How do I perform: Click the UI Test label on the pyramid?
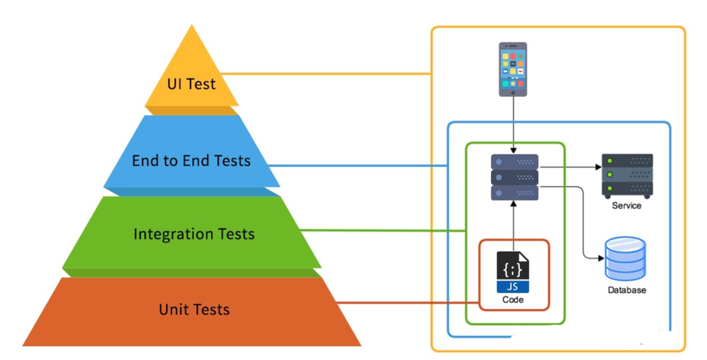[x=191, y=84]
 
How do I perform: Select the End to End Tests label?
[x=191, y=160]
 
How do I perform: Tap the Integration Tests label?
[x=194, y=234]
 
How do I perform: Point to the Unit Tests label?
[x=195, y=310]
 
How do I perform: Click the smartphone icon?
[x=512, y=69]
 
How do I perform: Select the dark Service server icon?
[x=628, y=176]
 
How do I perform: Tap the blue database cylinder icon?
[x=625, y=259]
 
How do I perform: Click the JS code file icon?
[x=512, y=272]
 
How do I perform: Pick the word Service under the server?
[x=626, y=206]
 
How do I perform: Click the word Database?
[x=627, y=290]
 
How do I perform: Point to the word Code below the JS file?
[x=512, y=299]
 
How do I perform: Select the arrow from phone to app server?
[x=513, y=125]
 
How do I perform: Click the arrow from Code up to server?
[x=513, y=226]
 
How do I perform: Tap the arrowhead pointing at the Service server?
[x=598, y=167]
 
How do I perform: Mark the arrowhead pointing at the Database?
[x=600, y=259]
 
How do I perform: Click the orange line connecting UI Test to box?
[x=326, y=73]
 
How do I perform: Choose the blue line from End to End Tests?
[x=358, y=166]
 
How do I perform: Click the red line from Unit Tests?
[x=408, y=303]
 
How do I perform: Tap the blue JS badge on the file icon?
[x=512, y=287]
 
